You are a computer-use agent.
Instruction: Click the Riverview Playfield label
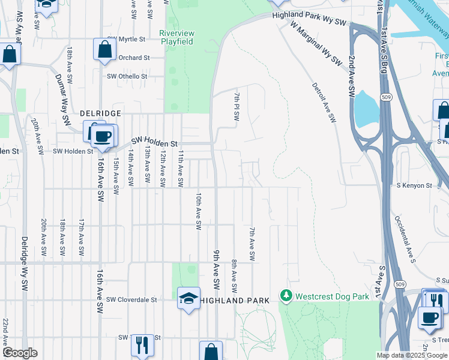pyautogui.click(x=176, y=37)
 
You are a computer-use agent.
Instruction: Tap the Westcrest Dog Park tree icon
pyautogui.click(x=286, y=296)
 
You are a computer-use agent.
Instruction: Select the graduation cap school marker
pyautogui.click(x=188, y=298)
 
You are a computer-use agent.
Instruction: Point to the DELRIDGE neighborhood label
pyautogui.click(x=101, y=113)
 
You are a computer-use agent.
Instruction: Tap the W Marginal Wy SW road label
pyautogui.click(x=316, y=45)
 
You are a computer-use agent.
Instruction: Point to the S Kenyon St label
pyautogui.click(x=414, y=186)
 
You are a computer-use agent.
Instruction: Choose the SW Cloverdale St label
pyautogui.click(x=131, y=299)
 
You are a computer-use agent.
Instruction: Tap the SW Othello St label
pyautogui.click(x=127, y=76)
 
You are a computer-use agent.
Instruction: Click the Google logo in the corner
pyautogui.click(x=19, y=353)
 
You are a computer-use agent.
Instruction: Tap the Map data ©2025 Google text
pyautogui.click(x=411, y=355)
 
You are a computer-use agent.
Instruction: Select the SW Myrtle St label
pyautogui.click(x=127, y=40)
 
